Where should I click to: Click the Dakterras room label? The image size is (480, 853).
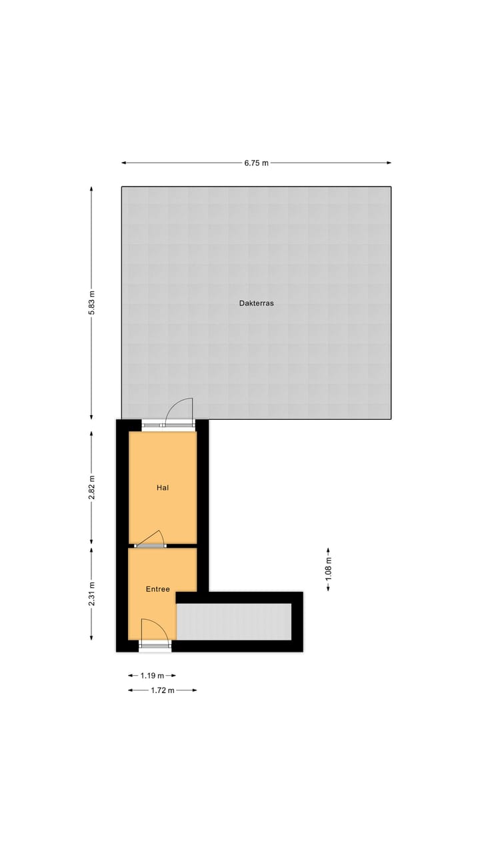click(257, 303)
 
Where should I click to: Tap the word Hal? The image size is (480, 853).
click(162, 488)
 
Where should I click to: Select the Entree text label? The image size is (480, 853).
click(158, 589)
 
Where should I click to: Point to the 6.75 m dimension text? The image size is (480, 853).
click(257, 163)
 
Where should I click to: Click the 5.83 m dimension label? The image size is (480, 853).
click(91, 303)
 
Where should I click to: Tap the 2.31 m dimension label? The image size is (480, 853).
click(91, 593)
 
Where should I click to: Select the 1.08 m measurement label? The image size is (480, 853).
click(328, 569)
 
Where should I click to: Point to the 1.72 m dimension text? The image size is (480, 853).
click(162, 690)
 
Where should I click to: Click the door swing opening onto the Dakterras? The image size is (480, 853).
click(179, 411)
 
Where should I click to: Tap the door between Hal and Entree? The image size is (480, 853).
click(151, 539)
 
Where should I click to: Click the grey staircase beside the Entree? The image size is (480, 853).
click(233, 622)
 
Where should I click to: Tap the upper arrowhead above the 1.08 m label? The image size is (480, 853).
click(328, 550)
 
